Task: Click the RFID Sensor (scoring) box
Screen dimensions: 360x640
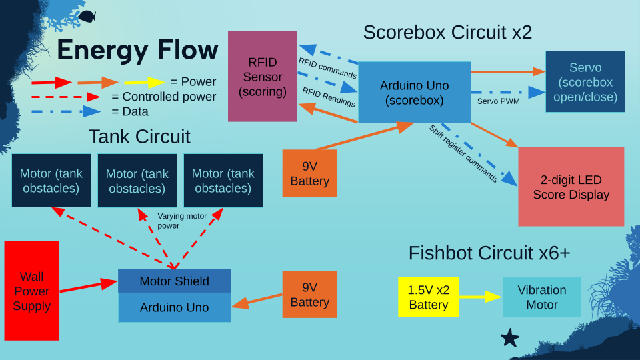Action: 263,76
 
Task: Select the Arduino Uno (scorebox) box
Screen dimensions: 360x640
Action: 415,93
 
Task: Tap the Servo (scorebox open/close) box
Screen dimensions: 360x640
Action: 585,82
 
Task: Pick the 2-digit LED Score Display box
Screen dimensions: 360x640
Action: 571,187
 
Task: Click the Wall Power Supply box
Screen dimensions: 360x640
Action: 31,291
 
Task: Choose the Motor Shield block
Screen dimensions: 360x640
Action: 174,281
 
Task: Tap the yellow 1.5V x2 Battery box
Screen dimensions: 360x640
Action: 428,297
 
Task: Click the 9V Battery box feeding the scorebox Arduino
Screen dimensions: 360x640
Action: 310,173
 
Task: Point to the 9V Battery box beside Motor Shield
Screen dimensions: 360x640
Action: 310,294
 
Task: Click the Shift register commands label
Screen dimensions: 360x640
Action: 463,154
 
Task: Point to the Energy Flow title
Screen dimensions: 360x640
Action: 137,51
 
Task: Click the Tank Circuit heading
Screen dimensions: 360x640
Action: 139,137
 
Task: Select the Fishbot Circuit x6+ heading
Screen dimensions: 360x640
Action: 489,253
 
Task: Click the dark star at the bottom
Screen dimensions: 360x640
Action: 510,337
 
